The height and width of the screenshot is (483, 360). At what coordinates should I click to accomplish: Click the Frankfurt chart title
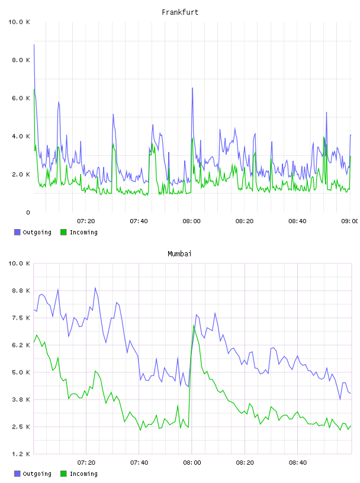pyautogui.click(x=180, y=12)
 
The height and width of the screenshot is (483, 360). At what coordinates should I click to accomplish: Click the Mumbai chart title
pyautogui.click(x=179, y=254)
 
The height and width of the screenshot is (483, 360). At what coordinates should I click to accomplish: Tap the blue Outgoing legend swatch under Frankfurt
pyautogui.click(x=17, y=232)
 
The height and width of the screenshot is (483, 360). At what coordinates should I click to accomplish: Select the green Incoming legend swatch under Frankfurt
pyautogui.click(x=63, y=232)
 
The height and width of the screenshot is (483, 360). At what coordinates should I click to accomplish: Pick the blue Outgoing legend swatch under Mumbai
pyautogui.click(x=17, y=474)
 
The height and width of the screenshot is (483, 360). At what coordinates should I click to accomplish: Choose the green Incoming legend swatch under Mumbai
pyautogui.click(x=63, y=474)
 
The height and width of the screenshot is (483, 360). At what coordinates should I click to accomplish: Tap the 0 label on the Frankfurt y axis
pyautogui.click(x=28, y=212)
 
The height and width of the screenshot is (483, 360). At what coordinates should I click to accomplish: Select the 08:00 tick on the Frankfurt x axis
pyautogui.click(x=191, y=221)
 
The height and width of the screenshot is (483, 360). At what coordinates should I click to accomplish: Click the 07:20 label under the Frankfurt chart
pyautogui.click(x=86, y=221)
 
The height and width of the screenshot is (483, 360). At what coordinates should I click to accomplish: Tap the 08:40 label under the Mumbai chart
pyautogui.click(x=298, y=463)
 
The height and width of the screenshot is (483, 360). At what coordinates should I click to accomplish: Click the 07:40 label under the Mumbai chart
pyautogui.click(x=139, y=463)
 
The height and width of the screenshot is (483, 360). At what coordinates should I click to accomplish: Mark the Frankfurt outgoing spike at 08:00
pyautogui.click(x=192, y=88)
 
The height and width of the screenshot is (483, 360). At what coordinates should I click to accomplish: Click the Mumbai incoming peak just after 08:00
pyautogui.click(x=194, y=326)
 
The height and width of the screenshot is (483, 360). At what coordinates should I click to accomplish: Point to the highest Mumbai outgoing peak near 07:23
pyautogui.click(x=95, y=288)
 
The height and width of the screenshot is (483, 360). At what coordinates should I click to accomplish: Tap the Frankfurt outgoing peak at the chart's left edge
pyautogui.click(x=34, y=44)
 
